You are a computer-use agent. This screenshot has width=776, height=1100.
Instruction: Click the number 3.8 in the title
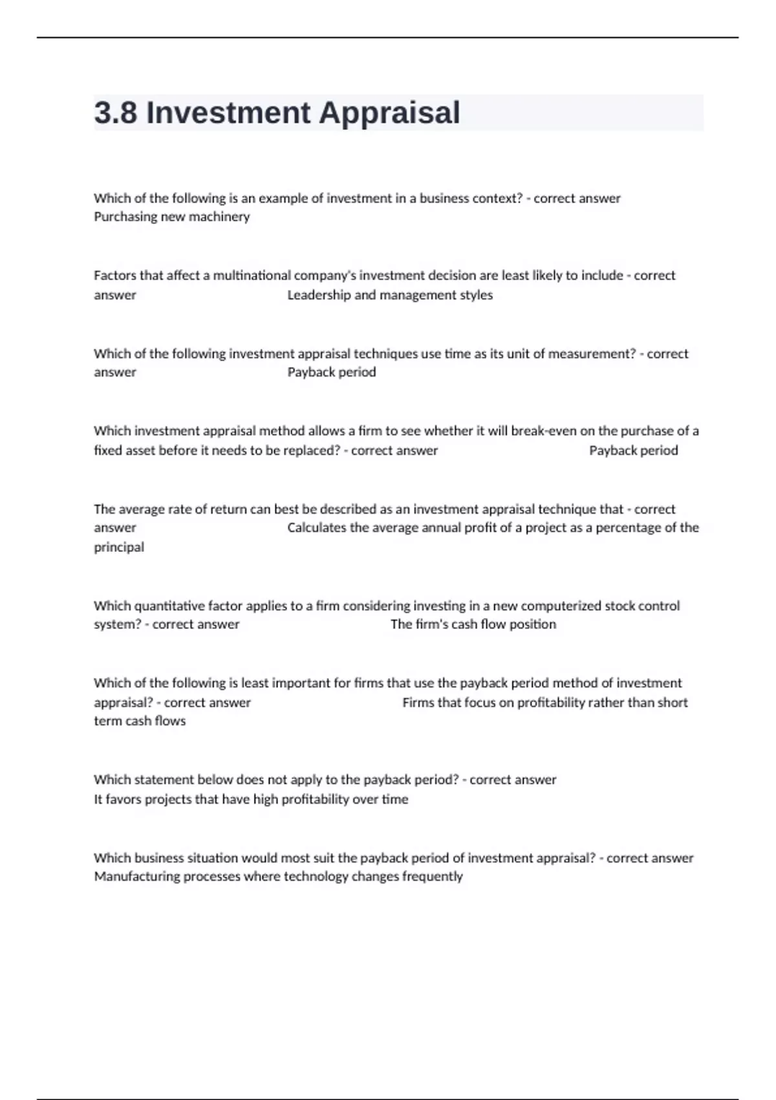[116, 113]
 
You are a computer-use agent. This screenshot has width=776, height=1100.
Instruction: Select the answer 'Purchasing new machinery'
[171, 217]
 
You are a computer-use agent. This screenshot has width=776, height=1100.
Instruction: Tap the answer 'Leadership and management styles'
[390, 295]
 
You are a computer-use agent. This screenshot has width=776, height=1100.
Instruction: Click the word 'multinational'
[252, 276]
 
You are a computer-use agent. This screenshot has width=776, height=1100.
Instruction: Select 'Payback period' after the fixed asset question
[633, 450]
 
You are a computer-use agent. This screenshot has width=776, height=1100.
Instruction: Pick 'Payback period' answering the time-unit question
[331, 372]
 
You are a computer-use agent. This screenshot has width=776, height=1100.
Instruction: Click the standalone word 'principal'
[119, 547]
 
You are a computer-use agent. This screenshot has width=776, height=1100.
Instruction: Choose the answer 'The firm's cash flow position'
[473, 624]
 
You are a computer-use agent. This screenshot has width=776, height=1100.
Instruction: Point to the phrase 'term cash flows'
[140, 721]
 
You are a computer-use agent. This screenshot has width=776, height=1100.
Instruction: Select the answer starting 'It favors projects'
[251, 799]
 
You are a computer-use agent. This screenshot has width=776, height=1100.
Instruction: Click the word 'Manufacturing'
[137, 877]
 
